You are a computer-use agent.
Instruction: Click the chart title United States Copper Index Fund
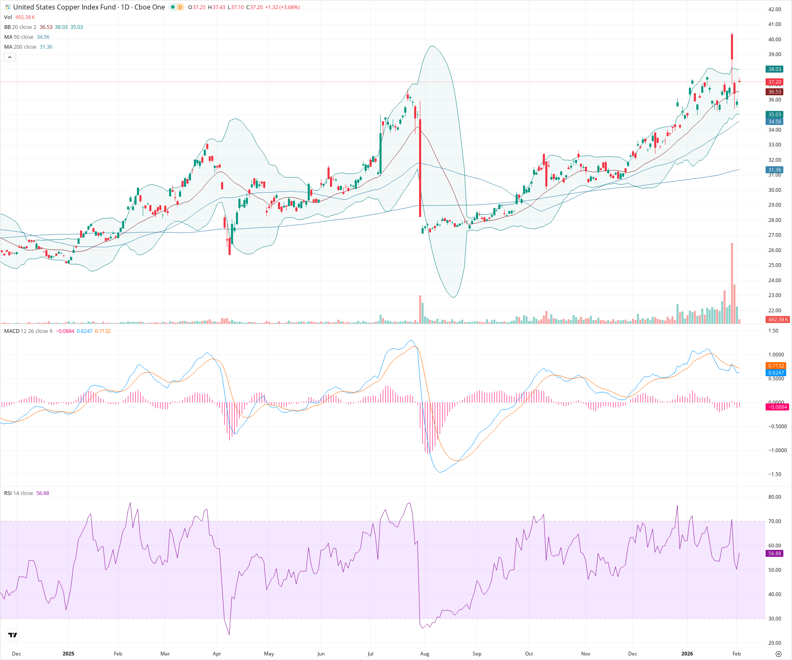[x=64, y=7]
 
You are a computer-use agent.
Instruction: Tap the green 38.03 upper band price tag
[x=774, y=69]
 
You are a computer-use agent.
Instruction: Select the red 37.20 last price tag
[x=774, y=82]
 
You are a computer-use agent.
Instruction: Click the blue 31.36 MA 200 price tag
[x=774, y=170]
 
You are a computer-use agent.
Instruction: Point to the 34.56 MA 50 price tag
[x=774, y=122]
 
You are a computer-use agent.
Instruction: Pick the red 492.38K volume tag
[x=778, y=320]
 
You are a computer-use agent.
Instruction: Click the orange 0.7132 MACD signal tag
[x=775, y=366]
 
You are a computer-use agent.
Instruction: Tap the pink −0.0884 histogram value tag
[x=776, y=407]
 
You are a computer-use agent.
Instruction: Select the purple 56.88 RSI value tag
[x=774, y=554]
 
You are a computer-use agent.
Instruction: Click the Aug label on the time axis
[x=424, y=653]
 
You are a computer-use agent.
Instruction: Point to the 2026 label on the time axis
[x=687, y=653]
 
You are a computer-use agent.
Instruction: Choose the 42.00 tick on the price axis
[x=774, y=9]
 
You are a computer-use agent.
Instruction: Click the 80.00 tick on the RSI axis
[x=774, y=497]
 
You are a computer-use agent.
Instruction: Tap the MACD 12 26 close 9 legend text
[x=28, y=331]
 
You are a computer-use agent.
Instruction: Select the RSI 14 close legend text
[x=19, y=493]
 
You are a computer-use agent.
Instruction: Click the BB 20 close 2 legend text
[x=20, y=27]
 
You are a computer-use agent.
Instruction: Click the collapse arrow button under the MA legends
[x=9, y=57]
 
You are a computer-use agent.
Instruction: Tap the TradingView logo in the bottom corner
[x=13, y=635]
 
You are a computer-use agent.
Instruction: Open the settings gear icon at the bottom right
[x=778, y=654]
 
